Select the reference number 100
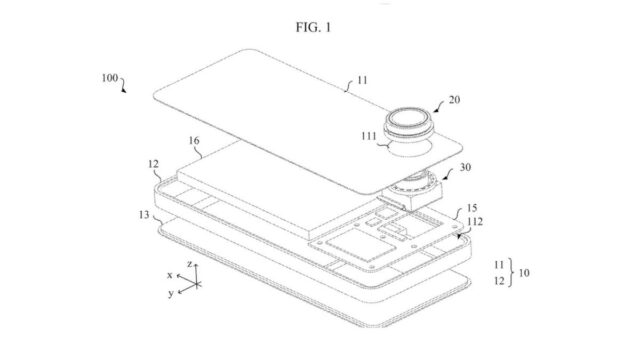[x=109, y=76]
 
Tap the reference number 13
[x=146, y=213]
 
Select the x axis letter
[x=171, y=274]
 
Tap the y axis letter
[x=172, y=293]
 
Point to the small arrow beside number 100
[x=125, y=88]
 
